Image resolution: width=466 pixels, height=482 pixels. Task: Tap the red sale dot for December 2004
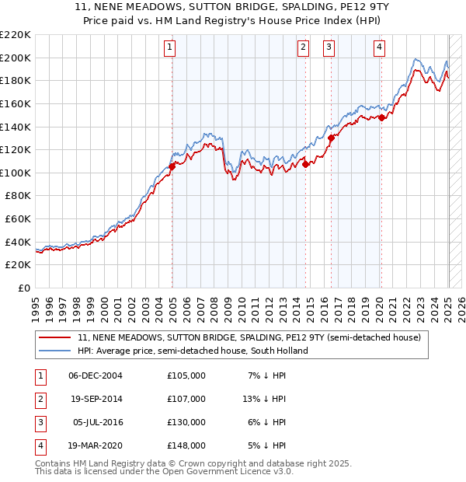[x=172, y=166]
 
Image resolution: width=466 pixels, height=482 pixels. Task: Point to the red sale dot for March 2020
[x=381, y=117]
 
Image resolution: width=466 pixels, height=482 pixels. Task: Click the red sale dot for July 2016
[x=331, y=138]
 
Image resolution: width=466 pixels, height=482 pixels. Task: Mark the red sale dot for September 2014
[x=306, y=164]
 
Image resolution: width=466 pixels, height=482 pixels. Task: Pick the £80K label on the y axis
[x=18, y=196]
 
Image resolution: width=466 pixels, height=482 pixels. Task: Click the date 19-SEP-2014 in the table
[x=96, y=399]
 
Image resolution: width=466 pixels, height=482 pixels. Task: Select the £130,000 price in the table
[x=186, y=422]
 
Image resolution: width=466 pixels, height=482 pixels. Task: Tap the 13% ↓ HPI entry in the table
[x=263, y=399]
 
